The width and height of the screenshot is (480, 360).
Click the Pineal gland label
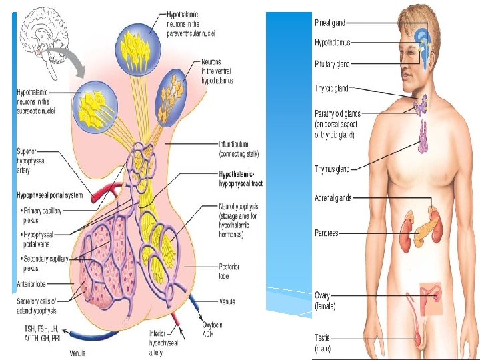click(330, 23)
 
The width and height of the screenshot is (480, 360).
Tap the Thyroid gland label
click(331, 88)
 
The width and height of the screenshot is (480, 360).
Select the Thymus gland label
click(332, 169)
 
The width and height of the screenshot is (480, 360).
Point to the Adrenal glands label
click(333, 198)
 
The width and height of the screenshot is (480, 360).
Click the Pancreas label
click(327, 233)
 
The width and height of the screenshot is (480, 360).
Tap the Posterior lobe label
click(229, 271)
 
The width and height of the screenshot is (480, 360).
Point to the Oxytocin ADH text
click(214, 330)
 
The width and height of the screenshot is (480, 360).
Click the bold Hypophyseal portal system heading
click(50, 196)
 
